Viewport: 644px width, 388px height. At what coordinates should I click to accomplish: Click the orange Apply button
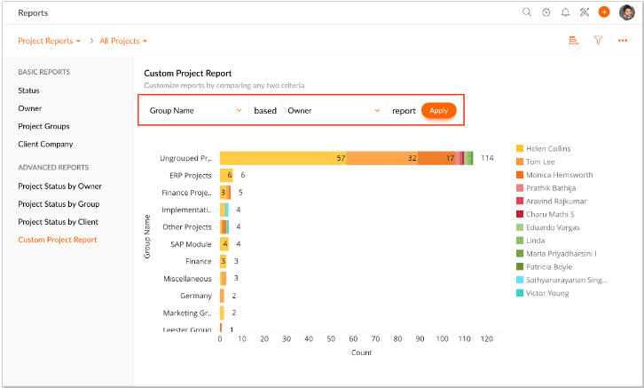438,110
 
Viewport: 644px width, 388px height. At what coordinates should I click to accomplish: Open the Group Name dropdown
195,111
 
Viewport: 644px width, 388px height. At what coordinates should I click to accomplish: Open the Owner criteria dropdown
333,111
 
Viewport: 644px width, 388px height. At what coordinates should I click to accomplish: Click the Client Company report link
45,144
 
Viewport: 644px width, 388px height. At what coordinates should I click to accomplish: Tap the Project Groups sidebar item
43,126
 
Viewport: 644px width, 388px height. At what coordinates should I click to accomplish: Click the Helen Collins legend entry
547,148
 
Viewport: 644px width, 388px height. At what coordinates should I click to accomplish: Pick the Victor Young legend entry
546,293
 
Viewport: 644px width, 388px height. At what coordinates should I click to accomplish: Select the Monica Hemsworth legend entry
559,175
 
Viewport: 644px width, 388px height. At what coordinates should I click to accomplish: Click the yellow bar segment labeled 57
282,158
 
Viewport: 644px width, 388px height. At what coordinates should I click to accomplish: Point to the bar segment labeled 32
381,158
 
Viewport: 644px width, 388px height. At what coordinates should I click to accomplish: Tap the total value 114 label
487,158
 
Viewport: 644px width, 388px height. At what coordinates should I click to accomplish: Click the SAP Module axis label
191,244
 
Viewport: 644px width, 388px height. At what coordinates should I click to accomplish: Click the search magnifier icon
527,12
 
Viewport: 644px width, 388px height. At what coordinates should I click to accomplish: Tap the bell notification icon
565,12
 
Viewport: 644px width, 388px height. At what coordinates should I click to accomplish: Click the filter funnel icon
598,40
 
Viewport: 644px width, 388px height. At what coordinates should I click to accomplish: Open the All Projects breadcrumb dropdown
123,41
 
